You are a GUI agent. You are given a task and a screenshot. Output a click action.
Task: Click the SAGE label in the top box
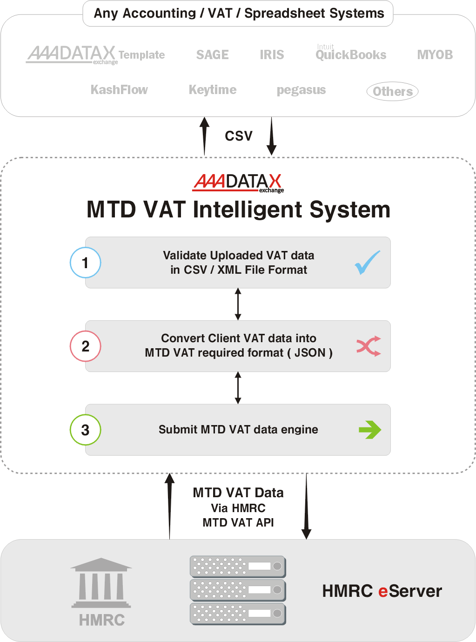tap(212, 55)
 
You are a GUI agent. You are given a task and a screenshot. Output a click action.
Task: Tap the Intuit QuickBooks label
tap(351, 53)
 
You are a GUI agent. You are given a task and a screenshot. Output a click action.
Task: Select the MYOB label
tap(435, 55)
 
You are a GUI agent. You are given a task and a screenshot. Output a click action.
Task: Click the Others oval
tap(392, 91)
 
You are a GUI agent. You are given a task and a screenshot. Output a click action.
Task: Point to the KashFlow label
tap(119, 90)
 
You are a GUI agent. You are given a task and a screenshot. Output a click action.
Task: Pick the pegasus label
tap(301, 90)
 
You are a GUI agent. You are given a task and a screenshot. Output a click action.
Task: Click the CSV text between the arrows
tap(239, 136)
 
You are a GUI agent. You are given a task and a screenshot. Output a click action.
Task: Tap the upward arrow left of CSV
tap(205, 136)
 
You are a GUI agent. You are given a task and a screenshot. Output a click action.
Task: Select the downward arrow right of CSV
tap(271, 136)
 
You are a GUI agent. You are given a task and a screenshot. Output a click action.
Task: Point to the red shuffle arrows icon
tap(369, 346)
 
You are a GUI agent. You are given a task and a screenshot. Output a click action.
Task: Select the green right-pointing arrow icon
tap(370, 430)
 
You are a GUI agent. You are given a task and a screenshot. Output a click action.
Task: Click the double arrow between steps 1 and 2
tap(238, 304)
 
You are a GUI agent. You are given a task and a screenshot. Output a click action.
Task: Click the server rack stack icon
tap(238, 590)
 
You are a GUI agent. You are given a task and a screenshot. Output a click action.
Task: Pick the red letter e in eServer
tap(383, 592)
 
